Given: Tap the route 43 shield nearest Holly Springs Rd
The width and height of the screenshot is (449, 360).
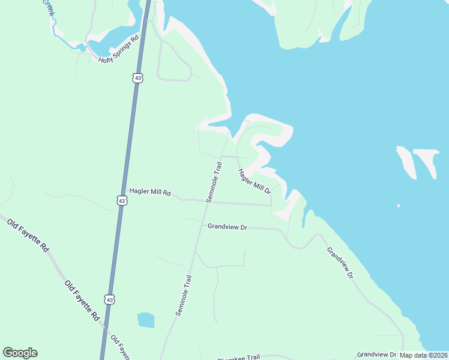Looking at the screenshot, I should pyautogui.click(x=138, y=78).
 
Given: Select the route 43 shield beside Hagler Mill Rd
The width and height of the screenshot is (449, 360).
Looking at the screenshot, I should pyautogui.click(x=122, y=200).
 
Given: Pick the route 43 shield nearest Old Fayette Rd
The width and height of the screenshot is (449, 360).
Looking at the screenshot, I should pyautogui.click(x=109, y=299).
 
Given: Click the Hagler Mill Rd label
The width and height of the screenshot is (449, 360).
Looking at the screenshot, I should pyautogui.click(x=150, y=193).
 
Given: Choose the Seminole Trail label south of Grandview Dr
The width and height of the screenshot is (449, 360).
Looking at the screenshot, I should pyautogui.click(x=184, y=295).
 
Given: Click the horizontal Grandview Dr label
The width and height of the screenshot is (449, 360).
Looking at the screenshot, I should pyautogui.click(x=228, y=227).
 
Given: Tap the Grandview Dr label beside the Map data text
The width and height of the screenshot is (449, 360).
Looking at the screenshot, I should pyautogui.click(x=377, y=355).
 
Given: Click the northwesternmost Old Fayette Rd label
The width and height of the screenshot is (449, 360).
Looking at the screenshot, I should pyautogui.click(x=28, y=235).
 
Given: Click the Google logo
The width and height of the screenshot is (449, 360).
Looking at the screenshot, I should pyautogui.click(x=20, y=353).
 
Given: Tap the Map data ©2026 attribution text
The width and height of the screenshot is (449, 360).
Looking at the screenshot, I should pyautogui.click(x=424, y=355).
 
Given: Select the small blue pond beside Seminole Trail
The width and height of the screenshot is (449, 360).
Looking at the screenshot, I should pyautogui.click(x=146, y=320).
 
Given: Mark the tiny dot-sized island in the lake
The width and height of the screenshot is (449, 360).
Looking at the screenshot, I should pyautogui.click(x=399, y=206).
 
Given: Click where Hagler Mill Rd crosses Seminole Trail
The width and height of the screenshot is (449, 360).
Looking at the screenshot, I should pyautogui.click(x=208, y=202).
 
